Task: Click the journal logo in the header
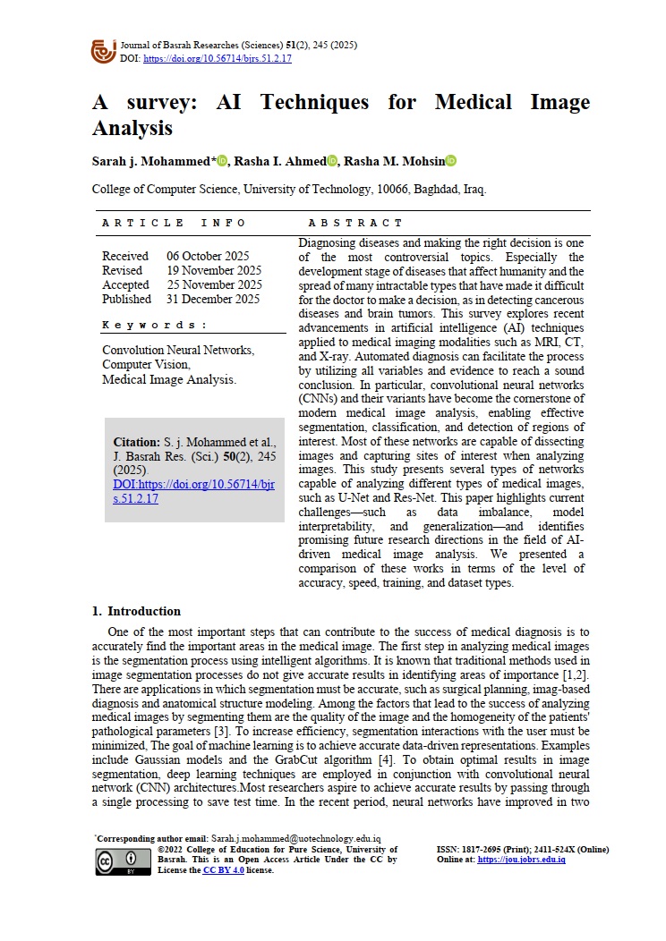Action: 104,51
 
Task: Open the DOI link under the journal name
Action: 218,59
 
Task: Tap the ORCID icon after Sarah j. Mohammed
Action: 223,161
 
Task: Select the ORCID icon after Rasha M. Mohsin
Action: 451,161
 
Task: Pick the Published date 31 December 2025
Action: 213,299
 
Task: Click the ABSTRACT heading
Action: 355,223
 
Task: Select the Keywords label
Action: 155,325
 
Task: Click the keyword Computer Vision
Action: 146,365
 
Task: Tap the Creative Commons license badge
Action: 123,860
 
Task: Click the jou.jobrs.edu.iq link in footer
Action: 521,860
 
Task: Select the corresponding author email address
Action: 295,838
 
